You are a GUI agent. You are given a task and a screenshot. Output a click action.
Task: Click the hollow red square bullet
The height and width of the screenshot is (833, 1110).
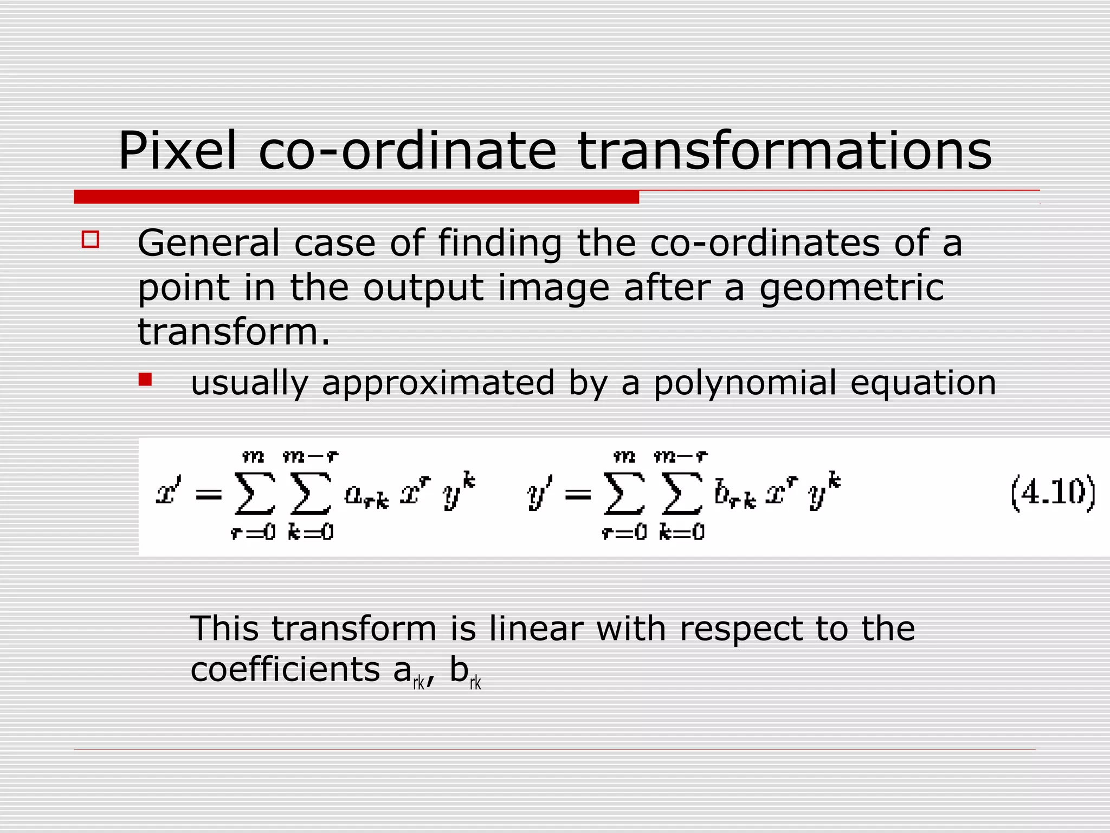tap(91, 240)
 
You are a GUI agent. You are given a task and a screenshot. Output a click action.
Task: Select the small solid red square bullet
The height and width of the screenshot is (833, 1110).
tap(145, 379)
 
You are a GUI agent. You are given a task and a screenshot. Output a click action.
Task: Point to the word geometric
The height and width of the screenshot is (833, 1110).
tap(851, 288)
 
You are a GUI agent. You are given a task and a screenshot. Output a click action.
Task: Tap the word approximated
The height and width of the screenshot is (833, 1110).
tap(438, 383)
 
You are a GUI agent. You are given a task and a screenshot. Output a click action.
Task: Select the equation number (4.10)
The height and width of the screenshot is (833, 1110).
tap(1053, 493)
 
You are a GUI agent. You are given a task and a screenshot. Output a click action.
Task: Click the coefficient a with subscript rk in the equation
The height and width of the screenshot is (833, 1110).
tap(366, 496)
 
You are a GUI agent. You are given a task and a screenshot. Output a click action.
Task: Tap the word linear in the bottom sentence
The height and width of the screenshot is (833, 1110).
tap(535, 629)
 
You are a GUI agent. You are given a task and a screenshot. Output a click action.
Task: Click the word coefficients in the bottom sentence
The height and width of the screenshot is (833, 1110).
tap(285, 670)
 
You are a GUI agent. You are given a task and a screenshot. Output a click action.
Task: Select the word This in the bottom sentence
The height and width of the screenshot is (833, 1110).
tap(224, 629)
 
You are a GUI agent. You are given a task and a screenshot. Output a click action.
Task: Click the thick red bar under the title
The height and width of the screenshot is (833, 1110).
tap(356, 197)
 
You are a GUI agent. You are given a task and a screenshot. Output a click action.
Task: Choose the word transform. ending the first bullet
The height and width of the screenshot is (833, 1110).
tap(234, 332)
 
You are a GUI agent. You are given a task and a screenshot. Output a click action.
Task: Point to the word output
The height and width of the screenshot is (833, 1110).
tap(423, 288)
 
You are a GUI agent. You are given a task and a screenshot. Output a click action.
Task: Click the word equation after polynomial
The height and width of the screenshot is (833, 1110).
tap(923, 383)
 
